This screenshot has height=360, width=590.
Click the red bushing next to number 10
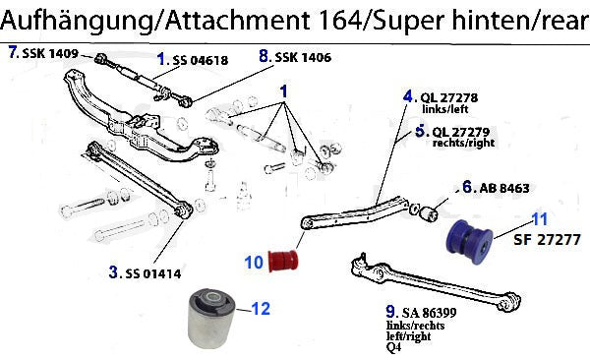coord(284,261)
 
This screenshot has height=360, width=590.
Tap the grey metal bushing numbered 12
coord(211,318)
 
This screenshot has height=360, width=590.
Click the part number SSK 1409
coord(50,53)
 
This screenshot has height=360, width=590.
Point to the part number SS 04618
coord(201,60)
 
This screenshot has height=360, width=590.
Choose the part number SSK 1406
coord(303,57)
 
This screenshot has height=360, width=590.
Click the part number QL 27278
coord(449,98)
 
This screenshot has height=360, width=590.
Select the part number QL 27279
coord(461,132)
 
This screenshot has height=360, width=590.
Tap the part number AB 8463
coord(504,188)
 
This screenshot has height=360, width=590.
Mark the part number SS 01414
coord(153,273)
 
